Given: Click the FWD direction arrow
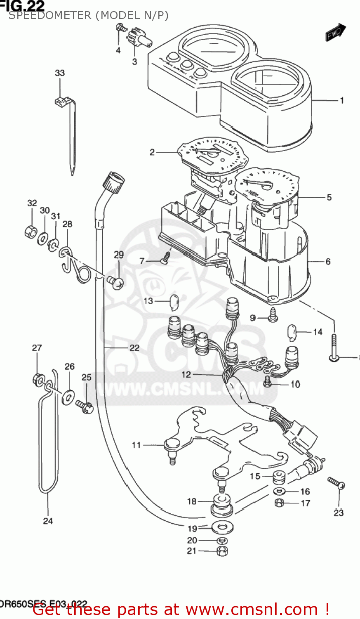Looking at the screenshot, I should pos(335,33).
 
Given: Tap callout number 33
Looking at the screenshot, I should pos(60,73).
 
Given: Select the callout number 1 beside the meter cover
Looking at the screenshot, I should pos(341,100).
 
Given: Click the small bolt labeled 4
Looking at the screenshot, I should pos(121,28).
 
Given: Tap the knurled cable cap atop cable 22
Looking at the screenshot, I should pos(113,182).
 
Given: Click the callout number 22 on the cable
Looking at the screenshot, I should pos(134,348).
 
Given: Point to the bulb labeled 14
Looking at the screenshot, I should pos(292,333).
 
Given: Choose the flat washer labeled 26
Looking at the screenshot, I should pos(68,397).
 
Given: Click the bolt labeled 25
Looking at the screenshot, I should pos(85,407).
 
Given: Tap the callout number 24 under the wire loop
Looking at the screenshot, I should pos(48,521).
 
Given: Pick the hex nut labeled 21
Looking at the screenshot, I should pos(222,550).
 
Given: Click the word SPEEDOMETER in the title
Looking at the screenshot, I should pos(50,15).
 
